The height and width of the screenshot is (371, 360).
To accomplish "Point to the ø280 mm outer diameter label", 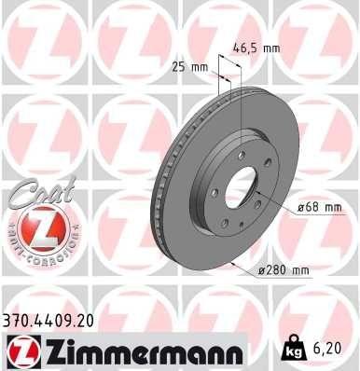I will [284, 270].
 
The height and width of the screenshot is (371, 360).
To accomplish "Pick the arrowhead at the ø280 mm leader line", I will [231, 263].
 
